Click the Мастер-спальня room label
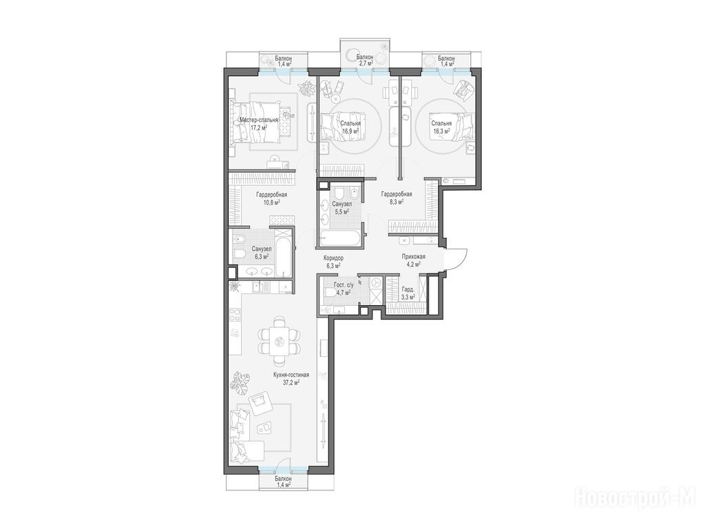pos(259,120)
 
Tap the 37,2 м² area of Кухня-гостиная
pos(291,382)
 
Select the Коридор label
pos(334,258)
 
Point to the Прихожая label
pos(413,256)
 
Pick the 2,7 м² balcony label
pos(365,63)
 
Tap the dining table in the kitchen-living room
pos(280,342)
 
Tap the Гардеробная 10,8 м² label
pos(271,198)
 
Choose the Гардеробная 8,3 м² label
pos(397,198)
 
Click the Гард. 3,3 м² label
pos(408,293)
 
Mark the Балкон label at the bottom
pos(283,479)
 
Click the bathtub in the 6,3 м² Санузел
pos(283,253)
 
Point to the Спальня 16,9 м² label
pos(350,127)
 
